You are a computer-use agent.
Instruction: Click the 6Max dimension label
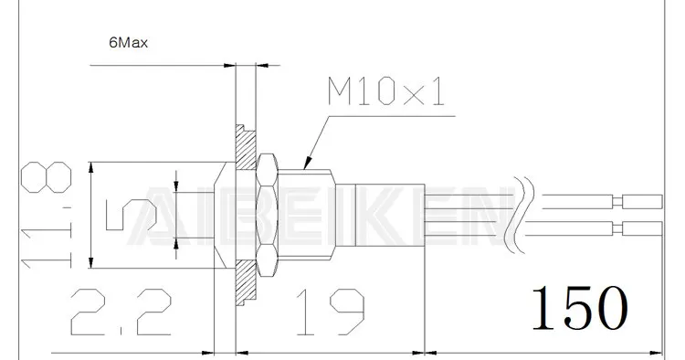tap(129, 43)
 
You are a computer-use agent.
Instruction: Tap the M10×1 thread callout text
tap(386, 92)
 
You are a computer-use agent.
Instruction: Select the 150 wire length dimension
tap(580, 307)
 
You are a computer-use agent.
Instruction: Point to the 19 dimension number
tap(331, 312)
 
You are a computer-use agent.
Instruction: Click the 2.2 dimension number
tap(121, 312)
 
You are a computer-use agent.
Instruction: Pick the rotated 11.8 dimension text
tap(47, 215)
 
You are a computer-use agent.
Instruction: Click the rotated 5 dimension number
tap(131, 215)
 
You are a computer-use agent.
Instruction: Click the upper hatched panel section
tap(246, 148)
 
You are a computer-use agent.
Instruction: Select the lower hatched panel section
tap(246, 282)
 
